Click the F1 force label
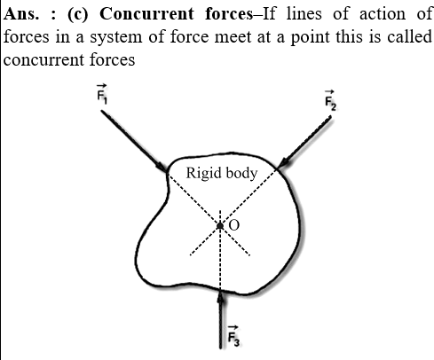tap(102, 94)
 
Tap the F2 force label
tap(330, 100)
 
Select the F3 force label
tap(233, 336)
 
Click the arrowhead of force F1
tap(162, 166)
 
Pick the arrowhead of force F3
tap(220, 296)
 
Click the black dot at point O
tap(220, 226)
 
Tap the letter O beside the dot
tap(234, 225)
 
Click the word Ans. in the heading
tap(21, 14)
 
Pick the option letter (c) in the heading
tap(77, 14)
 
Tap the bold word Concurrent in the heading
tap(146, 14)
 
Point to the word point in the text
tap(311, 38)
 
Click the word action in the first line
tap(383, 14)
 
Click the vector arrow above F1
tap(102, 86)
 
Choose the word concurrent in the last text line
tap(44, 60)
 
